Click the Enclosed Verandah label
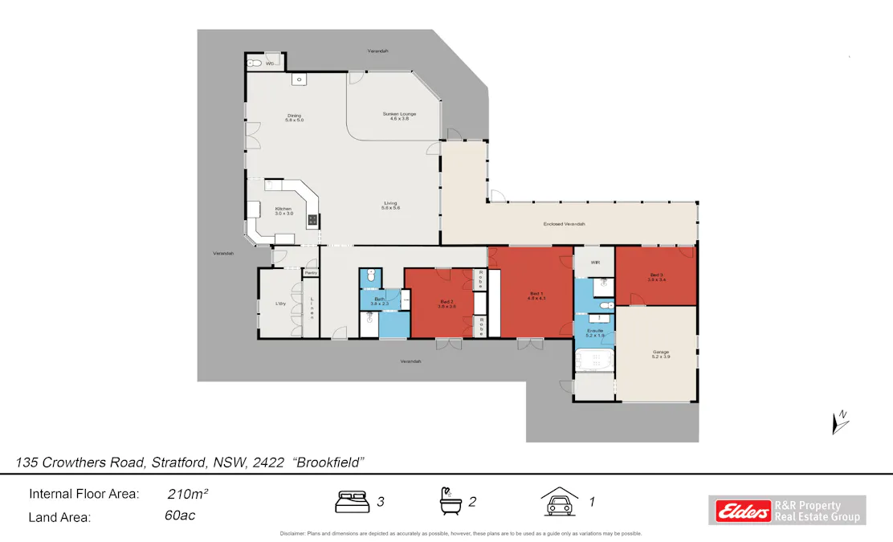click(564, 224)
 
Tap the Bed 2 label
click(446, 304)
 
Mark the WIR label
click(595, 263)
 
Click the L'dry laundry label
click(281, 304)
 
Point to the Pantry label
click(310, 273)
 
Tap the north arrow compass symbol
click(841, 421)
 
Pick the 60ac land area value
click(179, 516)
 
